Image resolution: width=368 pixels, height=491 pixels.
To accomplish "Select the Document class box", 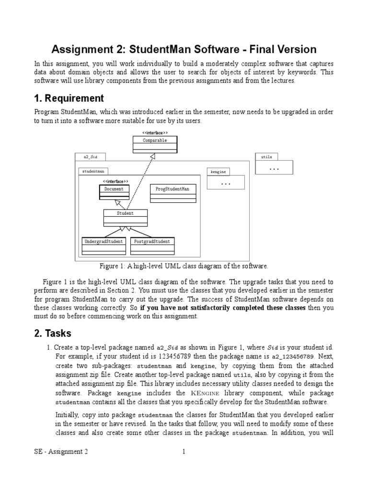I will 114,192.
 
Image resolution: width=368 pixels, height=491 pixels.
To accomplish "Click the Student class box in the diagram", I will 125,217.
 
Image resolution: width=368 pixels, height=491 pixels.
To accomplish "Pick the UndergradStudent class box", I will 104,245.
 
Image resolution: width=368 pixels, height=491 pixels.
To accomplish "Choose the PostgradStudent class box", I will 152,245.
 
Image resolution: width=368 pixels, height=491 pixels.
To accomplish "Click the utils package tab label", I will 266,157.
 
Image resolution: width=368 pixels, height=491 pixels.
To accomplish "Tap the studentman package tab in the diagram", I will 92,171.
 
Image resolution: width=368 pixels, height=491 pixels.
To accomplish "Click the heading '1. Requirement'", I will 69,98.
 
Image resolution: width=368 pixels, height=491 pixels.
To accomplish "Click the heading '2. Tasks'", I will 53,334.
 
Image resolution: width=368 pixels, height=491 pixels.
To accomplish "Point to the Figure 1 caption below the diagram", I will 184,266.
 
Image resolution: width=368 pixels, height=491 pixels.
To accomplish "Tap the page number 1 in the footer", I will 184,452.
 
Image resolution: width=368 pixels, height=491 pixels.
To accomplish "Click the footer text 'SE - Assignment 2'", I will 61,452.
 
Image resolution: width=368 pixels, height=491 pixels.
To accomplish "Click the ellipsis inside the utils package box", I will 275,168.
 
